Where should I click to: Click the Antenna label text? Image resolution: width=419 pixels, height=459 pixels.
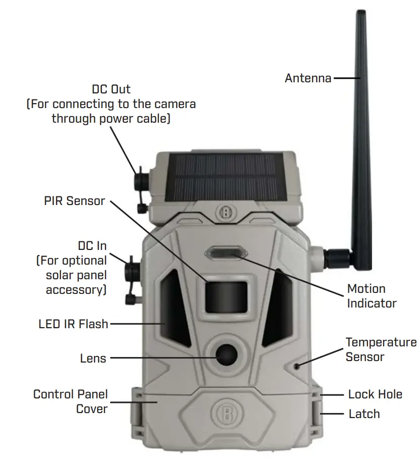pyautogui.click(x=308, y=78)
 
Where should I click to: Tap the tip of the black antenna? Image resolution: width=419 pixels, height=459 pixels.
pyautogui.click(x=360, y=14)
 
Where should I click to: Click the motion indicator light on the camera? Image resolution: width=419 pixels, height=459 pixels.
pyautogui.click(x=226, y=253)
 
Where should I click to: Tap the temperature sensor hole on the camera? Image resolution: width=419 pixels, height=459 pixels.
pyautogui.click(x=298, y=365)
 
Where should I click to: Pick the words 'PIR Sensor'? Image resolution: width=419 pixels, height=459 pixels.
pyautogui.click(x=74, y=201)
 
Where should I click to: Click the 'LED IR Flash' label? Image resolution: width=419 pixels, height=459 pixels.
pyautogui.click(x=73, y=324)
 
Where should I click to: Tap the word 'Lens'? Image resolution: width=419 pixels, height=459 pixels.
pyautogui.click(x=93, y=359)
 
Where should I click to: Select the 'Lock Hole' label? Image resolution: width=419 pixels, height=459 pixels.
pyautogui.click(x=375, y=394)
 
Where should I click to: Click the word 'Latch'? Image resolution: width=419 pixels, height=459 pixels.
pyautogui.click(x=364, y=414)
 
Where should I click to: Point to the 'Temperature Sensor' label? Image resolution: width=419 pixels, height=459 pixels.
pyautogui.click(x=381, y=349)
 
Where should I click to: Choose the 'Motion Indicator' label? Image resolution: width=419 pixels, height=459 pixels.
pyautogui.click(x=372, y=296)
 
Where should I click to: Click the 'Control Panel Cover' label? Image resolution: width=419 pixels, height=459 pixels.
pyautogui.click(x=71, y=401)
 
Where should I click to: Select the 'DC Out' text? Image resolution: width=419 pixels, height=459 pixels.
pyautogui.click(x=111, y=89)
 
